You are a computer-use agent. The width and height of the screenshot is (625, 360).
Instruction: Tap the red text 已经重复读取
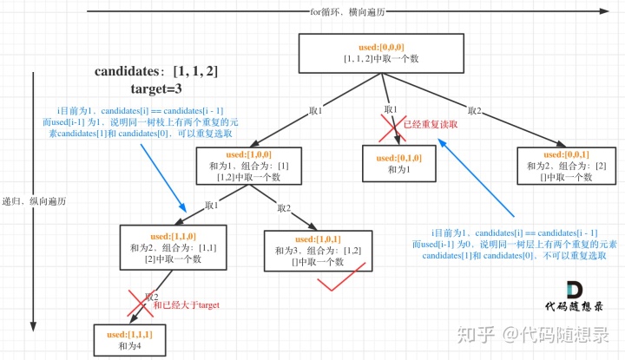click(x=431, y=125)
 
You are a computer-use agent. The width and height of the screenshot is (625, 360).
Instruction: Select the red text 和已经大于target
click(x=186, y=305)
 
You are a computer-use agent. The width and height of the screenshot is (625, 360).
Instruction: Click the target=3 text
click(x=144, y=88)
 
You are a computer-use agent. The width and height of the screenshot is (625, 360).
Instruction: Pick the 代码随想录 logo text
click(x=572, y=307)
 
